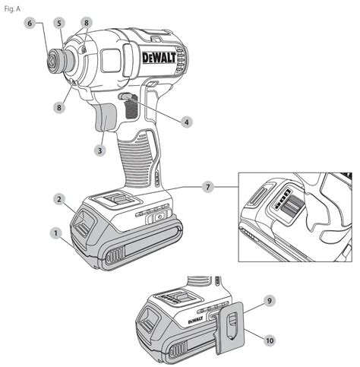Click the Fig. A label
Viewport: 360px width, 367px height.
(x=12, y=9)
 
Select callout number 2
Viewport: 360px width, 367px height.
(x=59, y=199)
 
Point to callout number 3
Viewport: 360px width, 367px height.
(x=100, y=150)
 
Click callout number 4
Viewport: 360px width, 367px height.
(x=187, y=122)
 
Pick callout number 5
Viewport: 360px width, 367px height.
(x=59, y=24)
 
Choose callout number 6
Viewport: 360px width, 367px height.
(x=30, y=24)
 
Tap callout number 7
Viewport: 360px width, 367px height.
(x=208, y=187)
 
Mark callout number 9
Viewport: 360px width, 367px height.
(x=270, y=301)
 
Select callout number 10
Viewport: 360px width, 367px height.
(x=270, y=340)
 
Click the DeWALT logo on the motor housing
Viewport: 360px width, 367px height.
(x=159, y=58)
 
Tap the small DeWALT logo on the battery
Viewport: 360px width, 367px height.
(x=196, y=320)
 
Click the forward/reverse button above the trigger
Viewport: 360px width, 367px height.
(x=125, y=96)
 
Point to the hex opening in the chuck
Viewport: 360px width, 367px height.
(x=52, y=60)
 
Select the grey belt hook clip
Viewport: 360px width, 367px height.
(x=230, y=327)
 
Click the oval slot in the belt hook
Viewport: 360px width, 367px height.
(x=232, y=325)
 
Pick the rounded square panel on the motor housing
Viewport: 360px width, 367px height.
(x=110, y=60)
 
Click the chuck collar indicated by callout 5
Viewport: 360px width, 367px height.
(x=68, y=59)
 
